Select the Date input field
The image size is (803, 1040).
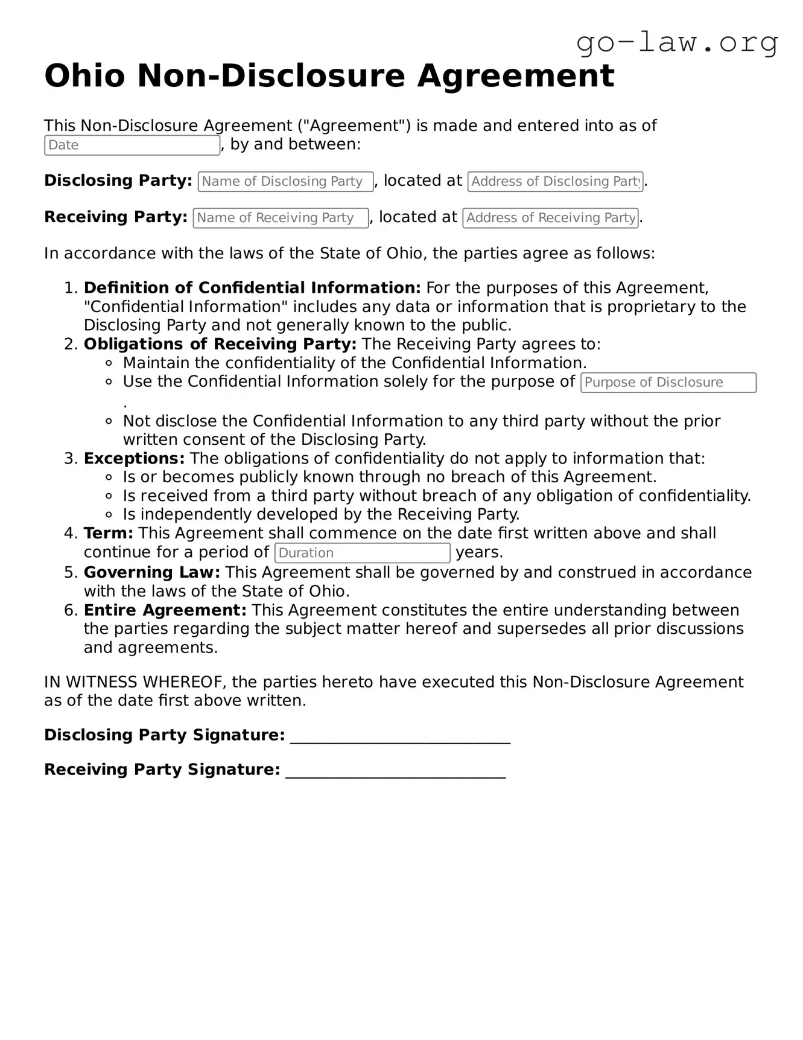click(x=132, y=145)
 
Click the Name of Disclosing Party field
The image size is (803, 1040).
click(x=285, y=182)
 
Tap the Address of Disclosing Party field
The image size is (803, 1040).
click(x=555, y=182)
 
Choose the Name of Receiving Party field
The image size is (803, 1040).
click(x=281, y=218)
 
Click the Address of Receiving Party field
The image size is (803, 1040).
click(x=550, y=218)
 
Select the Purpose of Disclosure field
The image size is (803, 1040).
click(x=668, y=383)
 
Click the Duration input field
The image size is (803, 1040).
click(x=362, y=553)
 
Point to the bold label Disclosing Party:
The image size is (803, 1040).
click(x=118, y=180)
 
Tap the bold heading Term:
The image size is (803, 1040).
click(x=108, y=534)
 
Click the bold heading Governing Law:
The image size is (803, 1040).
click(x=151, y=572)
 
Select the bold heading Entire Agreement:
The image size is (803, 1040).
click(x=165, y=610)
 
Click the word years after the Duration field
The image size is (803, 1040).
click(x=479, y=552)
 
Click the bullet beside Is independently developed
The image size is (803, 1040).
click(x=109, y=515)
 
